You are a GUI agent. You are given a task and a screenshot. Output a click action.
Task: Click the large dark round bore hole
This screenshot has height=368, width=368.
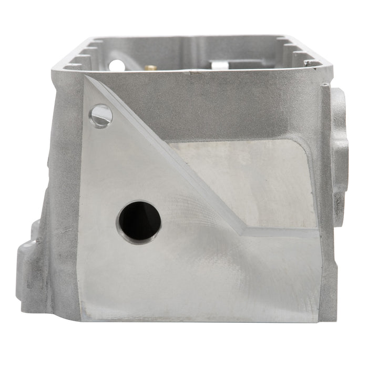click(139, 221)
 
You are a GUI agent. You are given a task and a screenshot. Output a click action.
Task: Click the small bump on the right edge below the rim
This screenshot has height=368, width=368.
click(327, 84)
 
